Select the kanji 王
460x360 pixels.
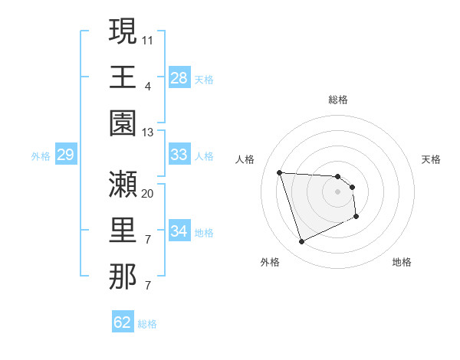tap(123, 77)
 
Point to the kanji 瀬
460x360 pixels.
tap(123, 184)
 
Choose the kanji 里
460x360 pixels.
tap(123, 231)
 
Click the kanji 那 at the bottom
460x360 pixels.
tap(123, 277)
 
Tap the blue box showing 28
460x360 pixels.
tap(179, 78)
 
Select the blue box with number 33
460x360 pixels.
tap(179, 155)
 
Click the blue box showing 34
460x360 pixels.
tap(179, 231)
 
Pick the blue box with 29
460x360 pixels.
tap(65, 155)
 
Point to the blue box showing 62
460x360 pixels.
tap(123, 322)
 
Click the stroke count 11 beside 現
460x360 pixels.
tap(148, 38)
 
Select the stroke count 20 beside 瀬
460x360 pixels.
tap(148, 193)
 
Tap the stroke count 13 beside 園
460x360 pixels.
tap(148, 133)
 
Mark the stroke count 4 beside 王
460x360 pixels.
tap(147, 86)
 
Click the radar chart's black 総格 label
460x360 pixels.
tap(338, 100)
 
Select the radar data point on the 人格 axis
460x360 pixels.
tap(280, 172)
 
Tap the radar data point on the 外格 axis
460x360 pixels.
tap(301, 242)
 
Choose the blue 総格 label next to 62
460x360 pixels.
tap(147, 324)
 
